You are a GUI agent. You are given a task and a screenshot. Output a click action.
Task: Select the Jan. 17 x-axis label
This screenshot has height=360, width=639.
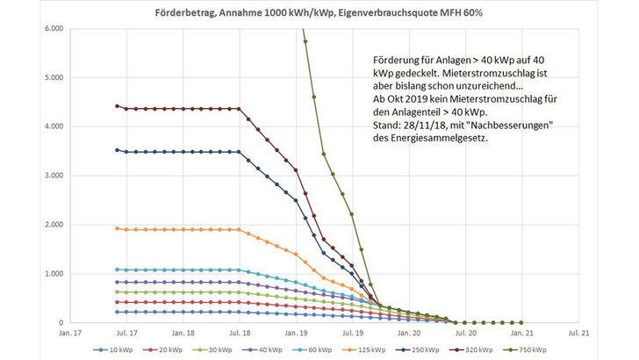pos(70,334)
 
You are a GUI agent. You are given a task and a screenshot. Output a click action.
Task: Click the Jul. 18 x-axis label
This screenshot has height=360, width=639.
pos(240,334)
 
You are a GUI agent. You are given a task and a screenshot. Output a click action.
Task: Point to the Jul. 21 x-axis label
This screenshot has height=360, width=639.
pos(578,334)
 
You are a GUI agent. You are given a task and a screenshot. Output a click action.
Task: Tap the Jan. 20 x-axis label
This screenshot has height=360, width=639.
pos(409,334)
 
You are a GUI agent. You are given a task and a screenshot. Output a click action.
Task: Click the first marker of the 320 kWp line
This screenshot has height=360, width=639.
pos(118,106)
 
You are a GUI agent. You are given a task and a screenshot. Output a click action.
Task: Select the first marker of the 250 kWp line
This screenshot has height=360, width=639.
pos(118,150)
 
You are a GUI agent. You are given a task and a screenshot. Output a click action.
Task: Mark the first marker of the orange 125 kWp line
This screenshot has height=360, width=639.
pos(118,228)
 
